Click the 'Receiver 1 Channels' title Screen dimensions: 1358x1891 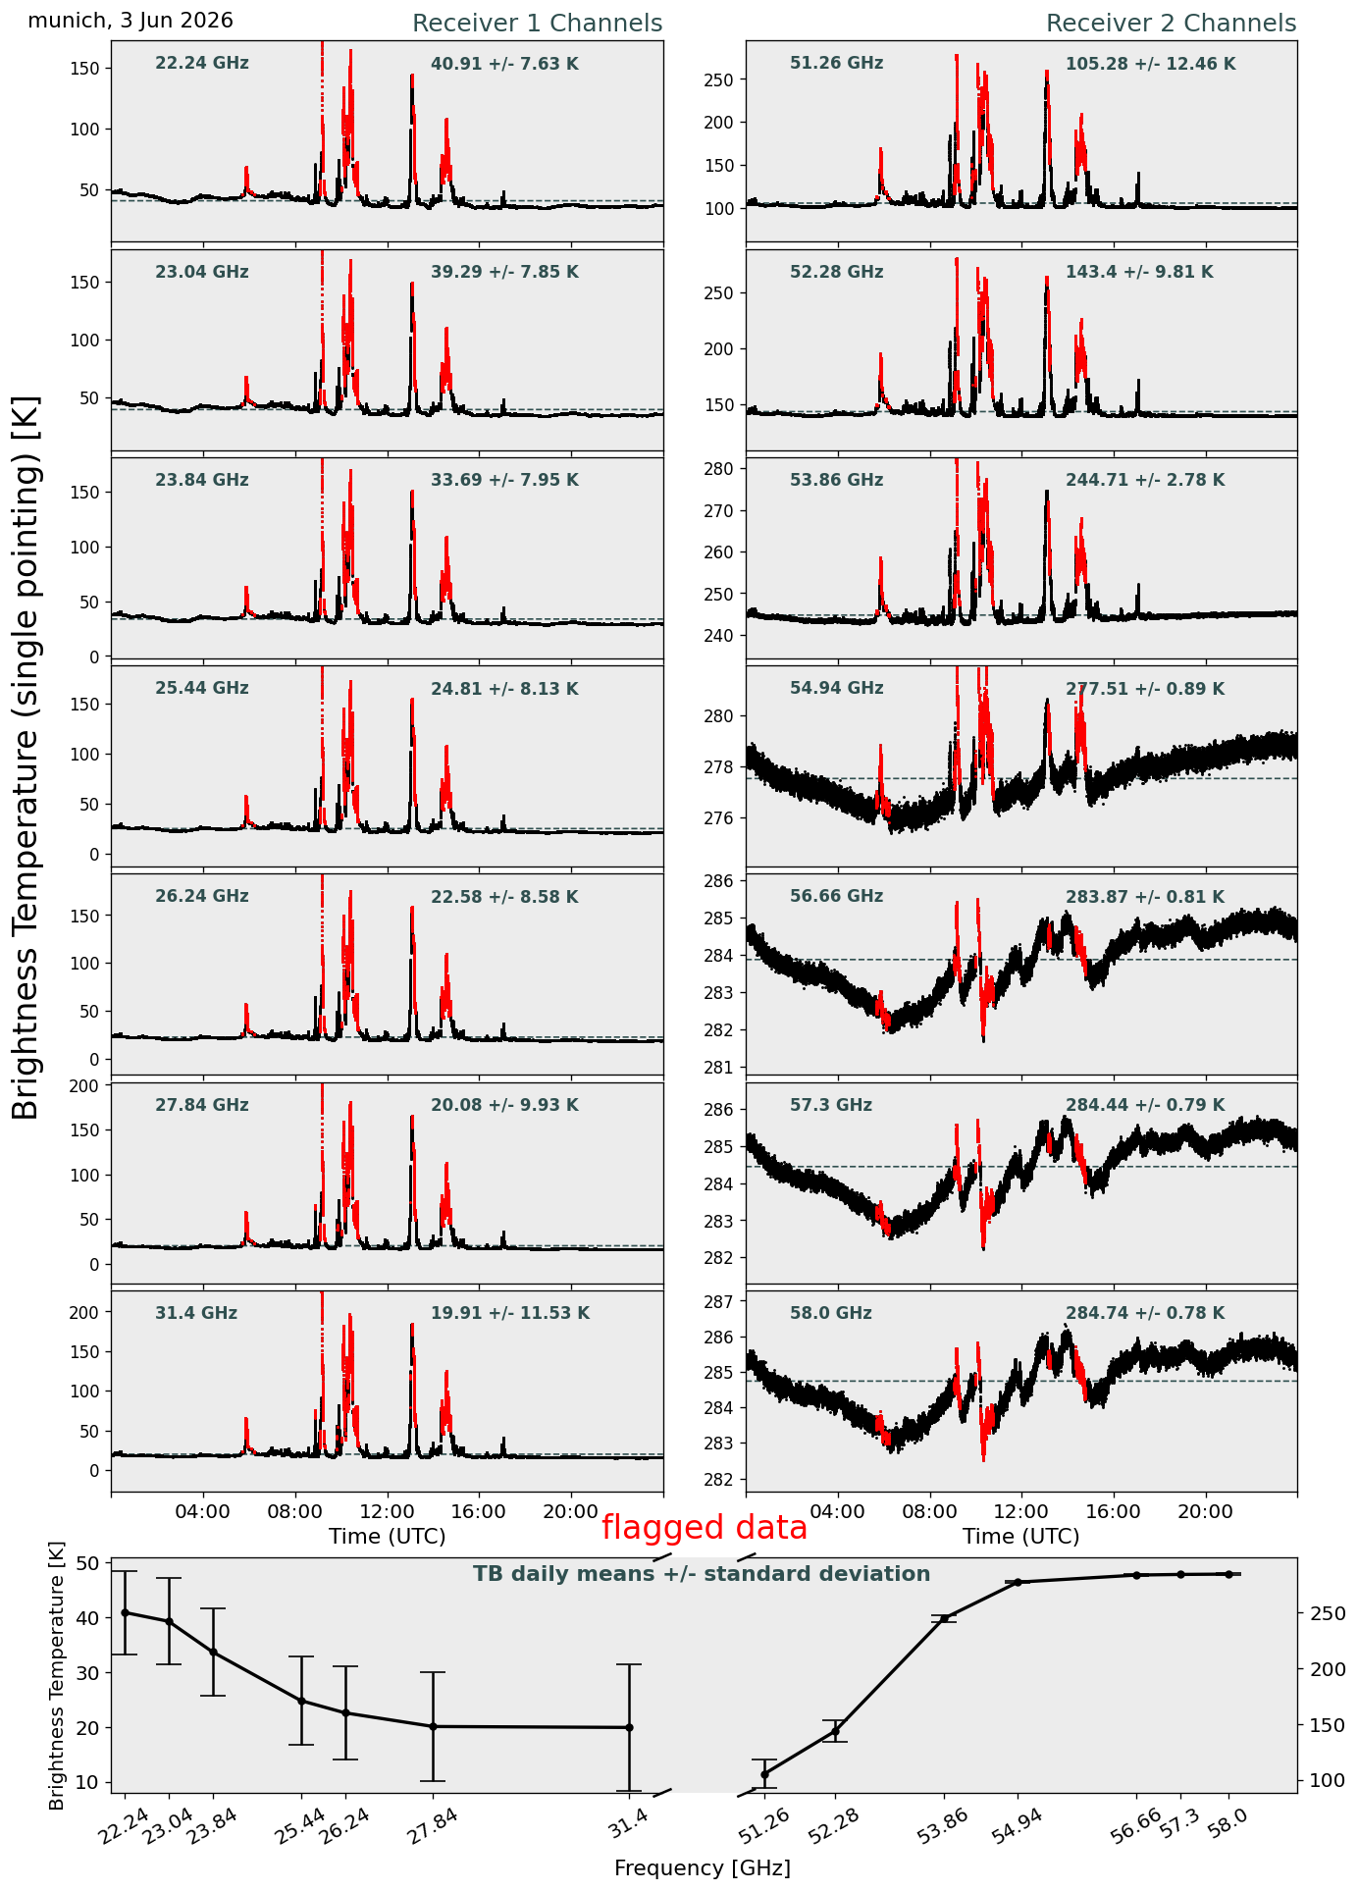coord(537,24)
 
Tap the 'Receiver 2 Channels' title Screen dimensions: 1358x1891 coord(1172,24)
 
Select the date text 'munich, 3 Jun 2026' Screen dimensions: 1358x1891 coord(131,21)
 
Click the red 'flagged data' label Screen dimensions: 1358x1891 coord(705,1528)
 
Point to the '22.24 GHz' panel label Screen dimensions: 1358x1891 coord(202,64)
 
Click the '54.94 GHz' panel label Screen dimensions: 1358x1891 coord(836,689)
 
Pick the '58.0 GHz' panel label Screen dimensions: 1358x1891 coord(831,1313)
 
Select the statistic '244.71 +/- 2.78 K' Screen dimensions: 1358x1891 coord(1145,481)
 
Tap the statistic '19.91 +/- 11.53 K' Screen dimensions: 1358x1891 coord(510,1313)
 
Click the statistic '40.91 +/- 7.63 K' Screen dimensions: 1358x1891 coord(504,64)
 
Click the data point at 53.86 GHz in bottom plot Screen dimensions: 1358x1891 coord(945,1618)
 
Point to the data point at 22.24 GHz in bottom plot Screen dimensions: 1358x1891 coord(125,1612)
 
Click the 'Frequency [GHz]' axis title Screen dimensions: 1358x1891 coord(703,1868)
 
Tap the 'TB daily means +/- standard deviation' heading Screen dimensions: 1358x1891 coord(702,1575)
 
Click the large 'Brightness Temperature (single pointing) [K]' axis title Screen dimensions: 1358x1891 coord(26,758)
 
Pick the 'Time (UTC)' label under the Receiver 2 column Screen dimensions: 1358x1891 coord(1021,1537)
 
